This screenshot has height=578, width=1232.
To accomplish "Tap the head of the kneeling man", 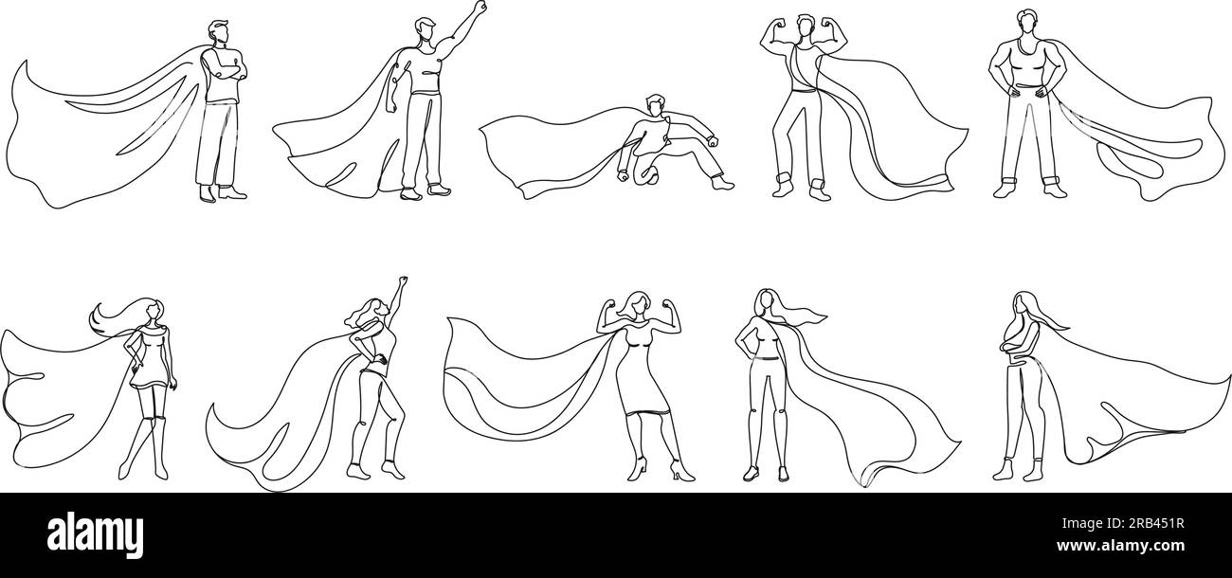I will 656,104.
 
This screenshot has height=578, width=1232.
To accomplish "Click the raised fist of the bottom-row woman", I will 403,282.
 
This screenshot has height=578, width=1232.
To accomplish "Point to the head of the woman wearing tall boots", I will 152,310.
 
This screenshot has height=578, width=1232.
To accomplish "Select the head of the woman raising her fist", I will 376,309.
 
